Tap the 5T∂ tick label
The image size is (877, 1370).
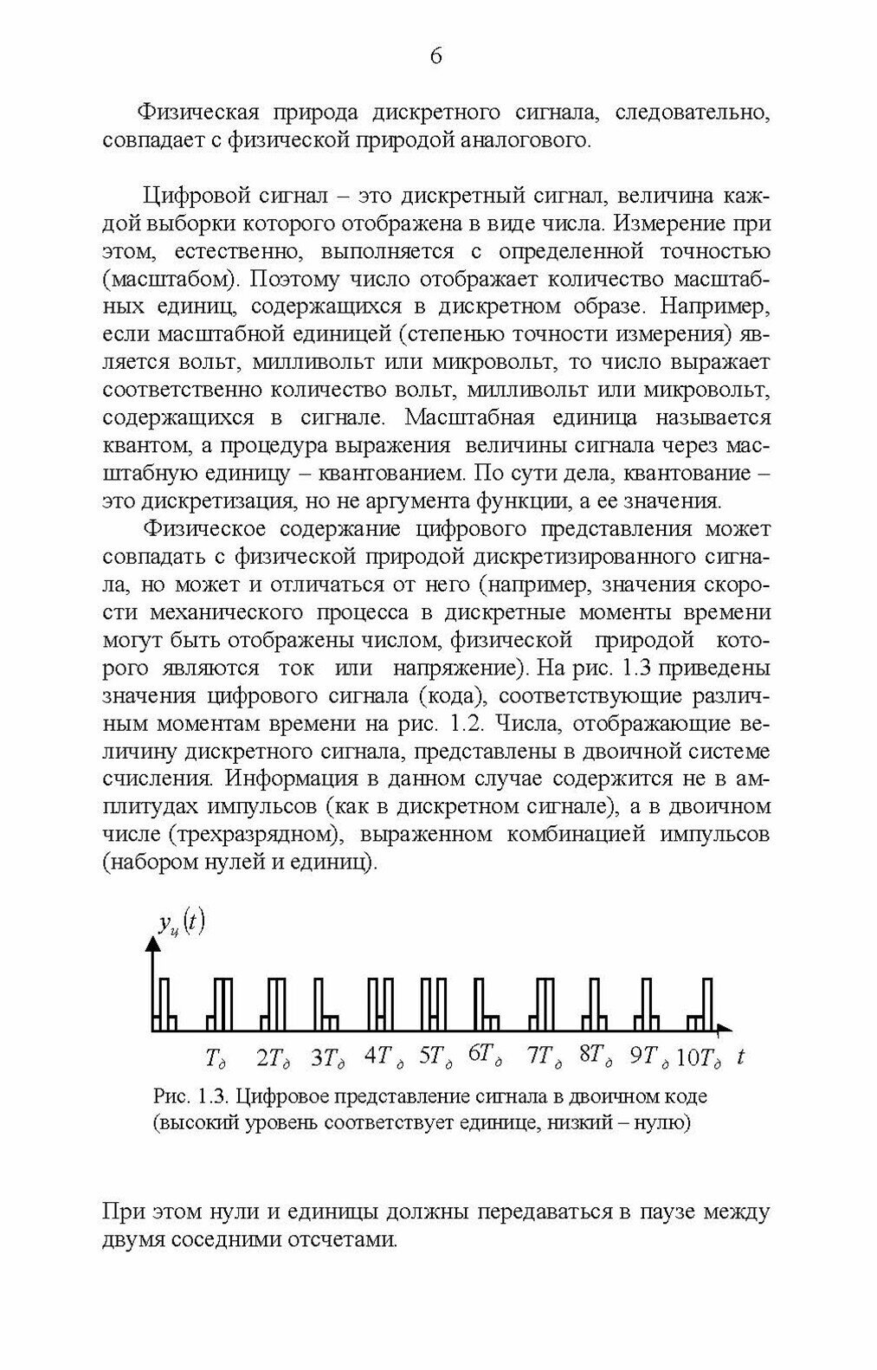click(x=435, y=1057)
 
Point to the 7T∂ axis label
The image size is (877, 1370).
click(x=545, y=1057)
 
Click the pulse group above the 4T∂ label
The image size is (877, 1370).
click(x=380, y=1005)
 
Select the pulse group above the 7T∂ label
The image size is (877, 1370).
click(x=543, y=1005)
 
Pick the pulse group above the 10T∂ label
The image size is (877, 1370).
click(x=700, y=1005)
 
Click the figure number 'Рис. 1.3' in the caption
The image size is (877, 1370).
click(x=190, y=1096)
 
